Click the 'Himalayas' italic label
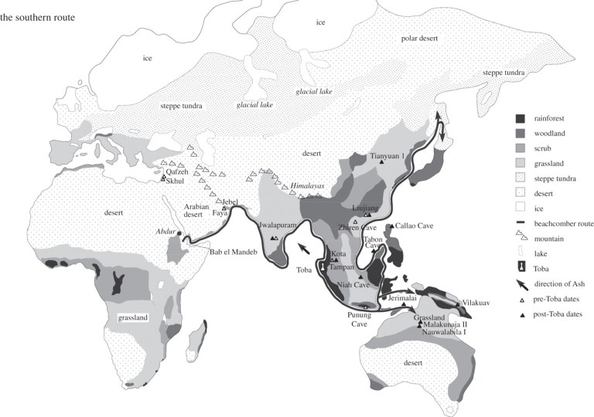[310, 187]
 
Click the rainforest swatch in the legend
[521, 119]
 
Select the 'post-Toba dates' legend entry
[561, 314]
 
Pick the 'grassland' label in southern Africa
[133, 317]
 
